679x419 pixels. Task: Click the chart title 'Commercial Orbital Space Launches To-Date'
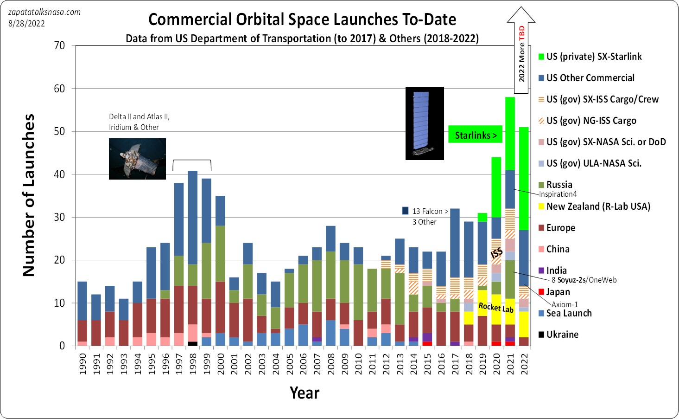[x=302, y=19]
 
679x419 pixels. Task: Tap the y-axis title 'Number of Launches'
[x=29, y=195]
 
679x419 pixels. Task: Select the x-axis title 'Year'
[x=305, y=393]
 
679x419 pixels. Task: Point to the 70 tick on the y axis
[x=59, y=45]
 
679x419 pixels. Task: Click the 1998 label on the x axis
[x=193, y=364]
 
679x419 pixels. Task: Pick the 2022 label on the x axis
[x=524, y=364]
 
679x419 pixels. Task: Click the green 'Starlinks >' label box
[x=476, y=135]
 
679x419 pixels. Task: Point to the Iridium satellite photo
[x=137, y=159]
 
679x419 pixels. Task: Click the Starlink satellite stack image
[x=425, y=123]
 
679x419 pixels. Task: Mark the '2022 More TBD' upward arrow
[x=521, y=50]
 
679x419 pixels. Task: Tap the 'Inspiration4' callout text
[x=558, y=194]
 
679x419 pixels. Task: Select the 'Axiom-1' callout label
[x=565, y=304]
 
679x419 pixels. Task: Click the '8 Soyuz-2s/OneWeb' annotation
[x=584, y=280]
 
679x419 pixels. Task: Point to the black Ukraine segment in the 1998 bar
[x=193, y=343]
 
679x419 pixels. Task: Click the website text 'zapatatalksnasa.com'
[x=44, y=12]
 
